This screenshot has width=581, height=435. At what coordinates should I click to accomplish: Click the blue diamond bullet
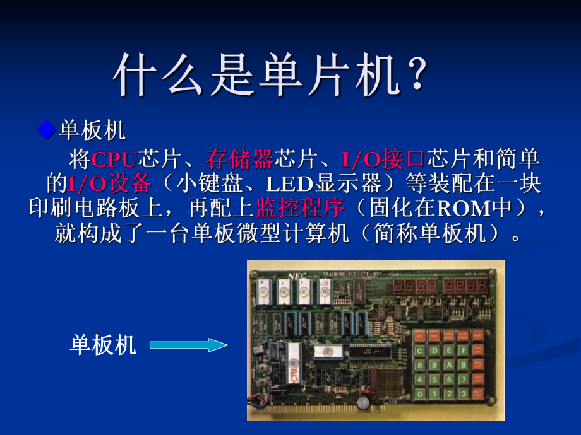(45, 130)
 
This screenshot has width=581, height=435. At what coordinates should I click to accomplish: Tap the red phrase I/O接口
(382, 159)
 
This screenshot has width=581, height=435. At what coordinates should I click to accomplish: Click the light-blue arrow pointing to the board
(189, 344)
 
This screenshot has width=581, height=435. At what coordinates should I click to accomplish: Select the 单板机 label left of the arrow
(103, 345)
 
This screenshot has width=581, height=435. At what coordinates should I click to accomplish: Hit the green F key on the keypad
(464, 349)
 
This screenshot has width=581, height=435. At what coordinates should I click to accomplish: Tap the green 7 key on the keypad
(464, 380)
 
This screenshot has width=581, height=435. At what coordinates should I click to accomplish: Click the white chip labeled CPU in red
(295, 365)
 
